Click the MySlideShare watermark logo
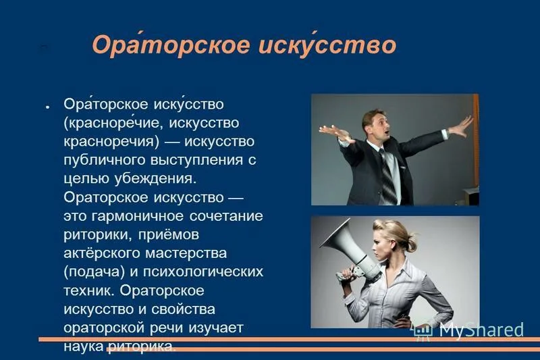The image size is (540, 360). click(468, 330)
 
